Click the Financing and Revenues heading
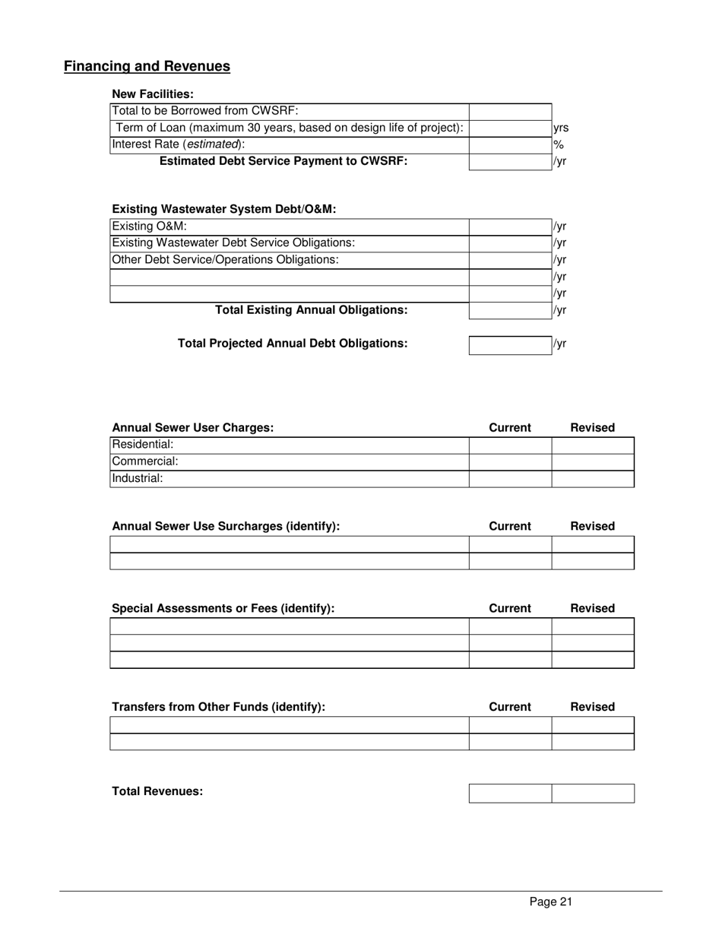(147, 67)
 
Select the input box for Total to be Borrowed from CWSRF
(510, 111)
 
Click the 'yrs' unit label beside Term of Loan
(561, 128)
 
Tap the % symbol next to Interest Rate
(558, 144)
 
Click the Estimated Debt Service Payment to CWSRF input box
(510, 161)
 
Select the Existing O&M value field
(510, 227)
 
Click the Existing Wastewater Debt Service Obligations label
(233, 243)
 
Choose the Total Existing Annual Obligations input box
(510, 310)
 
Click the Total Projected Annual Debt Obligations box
(510, 345)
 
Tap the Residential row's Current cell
(510, 445)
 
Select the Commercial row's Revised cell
(592, 461)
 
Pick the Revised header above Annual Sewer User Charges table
(592, 428)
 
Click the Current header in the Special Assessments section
(510, 608)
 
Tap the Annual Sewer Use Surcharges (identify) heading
(226, 527)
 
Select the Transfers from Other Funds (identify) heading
(218, 707)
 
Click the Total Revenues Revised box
(592, 794)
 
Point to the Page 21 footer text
(550, 902)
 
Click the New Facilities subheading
(153, 94)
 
